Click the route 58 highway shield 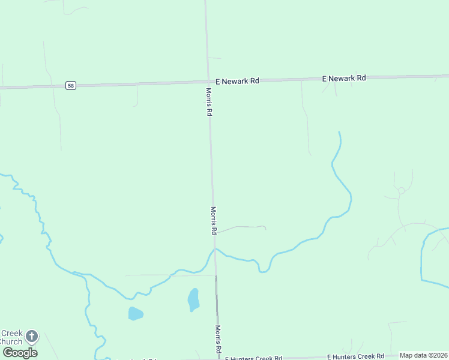71,86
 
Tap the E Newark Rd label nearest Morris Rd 237,80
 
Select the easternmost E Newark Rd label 344,78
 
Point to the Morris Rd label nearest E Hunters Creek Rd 218,340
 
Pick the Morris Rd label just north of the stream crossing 213,220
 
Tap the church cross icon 32,337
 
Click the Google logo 20,353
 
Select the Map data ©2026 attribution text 424,355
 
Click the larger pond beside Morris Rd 193,299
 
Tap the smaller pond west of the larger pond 136,313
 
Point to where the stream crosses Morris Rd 215,249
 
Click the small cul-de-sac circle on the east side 401,190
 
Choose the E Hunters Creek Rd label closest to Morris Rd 253,358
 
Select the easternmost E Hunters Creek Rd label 355,356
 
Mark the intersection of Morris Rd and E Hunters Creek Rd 218,359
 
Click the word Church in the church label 11,341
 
